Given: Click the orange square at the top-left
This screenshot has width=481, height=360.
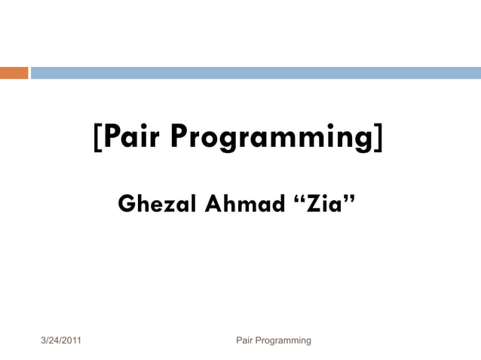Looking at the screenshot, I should (x=14, y=73).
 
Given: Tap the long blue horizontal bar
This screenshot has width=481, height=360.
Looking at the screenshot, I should (x=255, y=73).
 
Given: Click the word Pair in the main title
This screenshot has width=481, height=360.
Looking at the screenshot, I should (x=131, y=137).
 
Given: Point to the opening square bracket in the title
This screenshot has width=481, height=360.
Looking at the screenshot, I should (x=98, y=138).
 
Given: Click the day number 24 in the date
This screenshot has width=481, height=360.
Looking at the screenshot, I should (x=55, y=341).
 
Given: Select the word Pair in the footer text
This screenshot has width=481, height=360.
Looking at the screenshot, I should (x=246, y=341).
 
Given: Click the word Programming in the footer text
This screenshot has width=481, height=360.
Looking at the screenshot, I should (x=284, y=341).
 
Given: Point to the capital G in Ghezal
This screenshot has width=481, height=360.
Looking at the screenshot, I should (x=127, y=204).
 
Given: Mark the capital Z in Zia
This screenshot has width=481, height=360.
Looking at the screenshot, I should (x=309, y=204).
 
